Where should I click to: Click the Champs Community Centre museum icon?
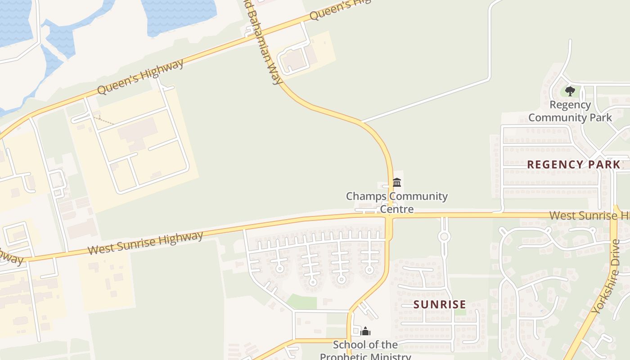[397, 182]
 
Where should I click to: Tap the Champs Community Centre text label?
[397, 202]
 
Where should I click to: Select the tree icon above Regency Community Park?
[570, 91]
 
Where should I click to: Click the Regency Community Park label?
[570, 111]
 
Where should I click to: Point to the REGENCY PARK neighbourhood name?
[574, 165]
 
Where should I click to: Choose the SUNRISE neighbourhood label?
[440, 305]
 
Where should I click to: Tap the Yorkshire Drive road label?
[606, 277]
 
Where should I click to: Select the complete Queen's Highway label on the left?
[140, 76]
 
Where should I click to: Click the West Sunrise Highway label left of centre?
[145, 243]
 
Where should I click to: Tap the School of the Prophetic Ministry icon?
[366, 332]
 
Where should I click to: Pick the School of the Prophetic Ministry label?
[365, 351]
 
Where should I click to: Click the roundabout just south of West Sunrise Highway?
[444, 236]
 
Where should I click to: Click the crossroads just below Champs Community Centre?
[389, 216]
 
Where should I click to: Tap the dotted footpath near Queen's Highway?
[104, 120]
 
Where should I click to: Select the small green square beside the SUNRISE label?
[460, 311]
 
